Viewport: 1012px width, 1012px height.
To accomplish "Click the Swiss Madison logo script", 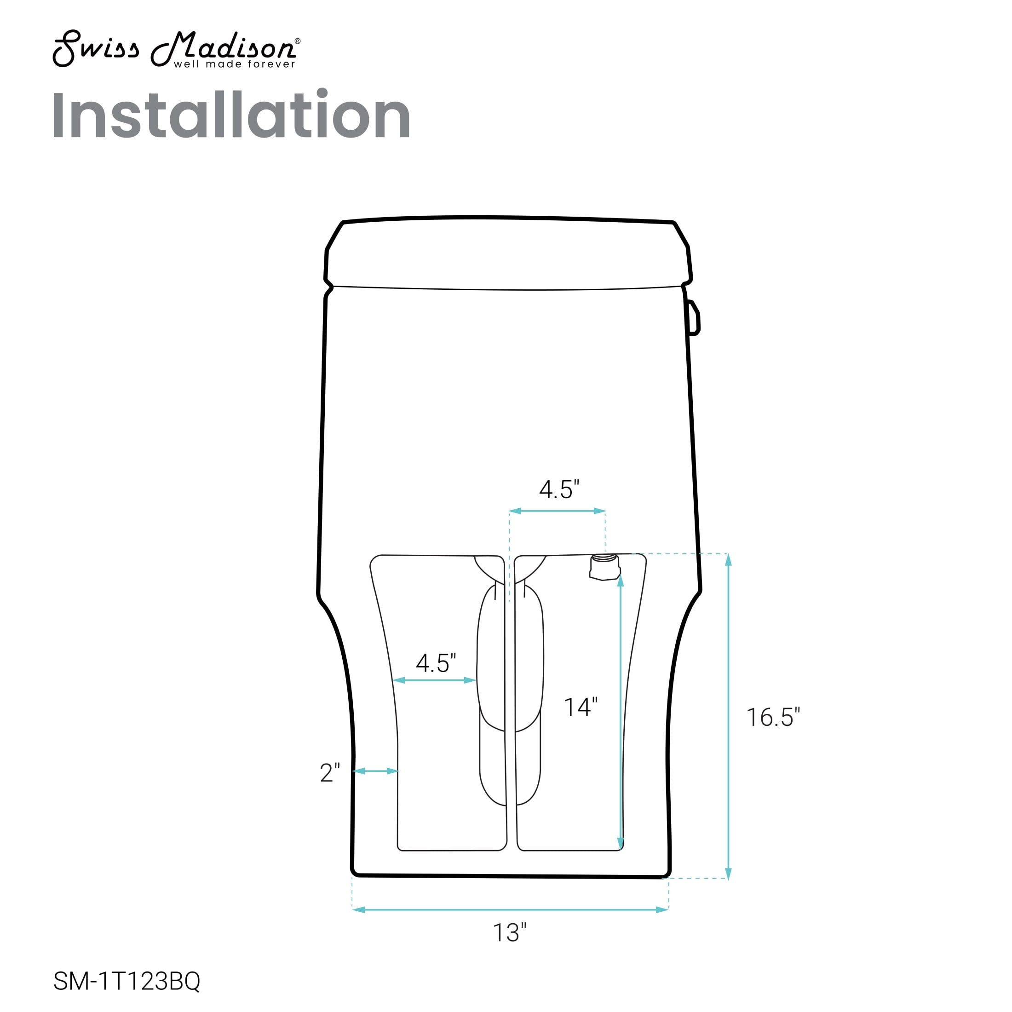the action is click(175, 48).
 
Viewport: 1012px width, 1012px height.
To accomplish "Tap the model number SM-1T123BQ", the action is click(127, 981).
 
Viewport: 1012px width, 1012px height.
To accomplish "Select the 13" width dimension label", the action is click(510, 932).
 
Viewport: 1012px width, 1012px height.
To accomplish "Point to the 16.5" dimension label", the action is click(773, 717).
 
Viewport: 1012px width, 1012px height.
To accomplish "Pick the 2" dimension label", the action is click(330, 773).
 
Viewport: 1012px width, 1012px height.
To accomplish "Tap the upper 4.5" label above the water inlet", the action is click(559, 489).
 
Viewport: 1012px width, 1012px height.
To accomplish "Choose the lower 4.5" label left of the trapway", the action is click(436, 663).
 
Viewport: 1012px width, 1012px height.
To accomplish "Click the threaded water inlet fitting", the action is click(604, 567).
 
